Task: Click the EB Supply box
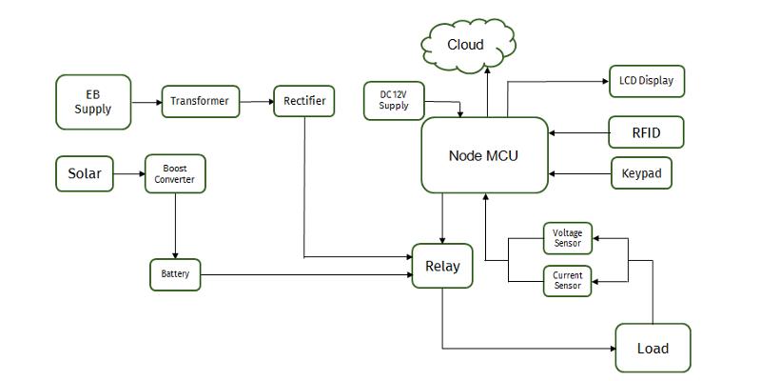[x=93, y=102]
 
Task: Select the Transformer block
[x=200, y=101]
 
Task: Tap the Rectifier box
[x=304, y=101]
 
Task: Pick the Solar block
[x=84, y=174]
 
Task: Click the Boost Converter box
[x=175, y=173]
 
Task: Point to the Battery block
[x=175, y=274]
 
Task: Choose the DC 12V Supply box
[x=394, y=100]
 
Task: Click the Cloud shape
[x=466, y=45]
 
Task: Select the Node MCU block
[x=484, y=155]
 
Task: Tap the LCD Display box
[x=646, y=81]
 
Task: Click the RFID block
[x=646, y=131]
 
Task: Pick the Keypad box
[x=641, y=174]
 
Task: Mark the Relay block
[x=442, y=266]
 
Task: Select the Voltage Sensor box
[x=567, y=238]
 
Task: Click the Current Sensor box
[x=567, y=281]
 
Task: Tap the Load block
[x=653, y=348]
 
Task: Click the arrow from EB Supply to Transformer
[x=146, y=102]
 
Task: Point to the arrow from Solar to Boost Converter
[x=128, y=174]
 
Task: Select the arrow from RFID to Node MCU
[x=578, y=132]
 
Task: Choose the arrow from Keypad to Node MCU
[x=579, y=174]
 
